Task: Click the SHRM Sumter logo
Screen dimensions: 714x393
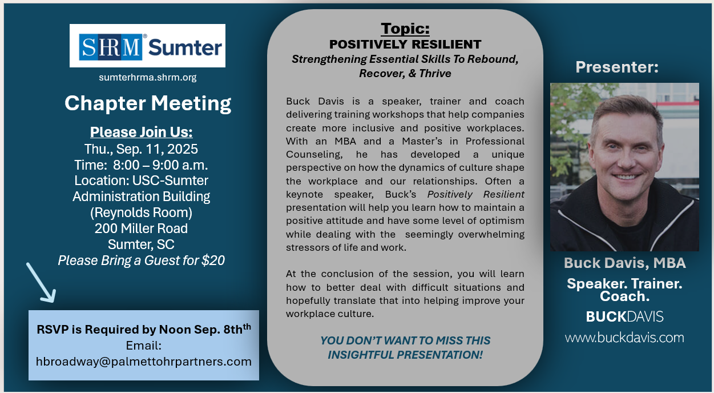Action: coord(147,46)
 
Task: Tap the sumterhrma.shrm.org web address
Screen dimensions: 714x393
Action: coord(148,78)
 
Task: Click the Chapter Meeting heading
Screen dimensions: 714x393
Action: coord(148,103)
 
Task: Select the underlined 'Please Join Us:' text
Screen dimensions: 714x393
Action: coord(141,132)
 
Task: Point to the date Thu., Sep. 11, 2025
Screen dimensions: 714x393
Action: coord(141,149)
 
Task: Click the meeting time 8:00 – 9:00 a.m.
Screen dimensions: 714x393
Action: coord(160,165)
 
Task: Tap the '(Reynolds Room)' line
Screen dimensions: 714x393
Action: coord(141,212)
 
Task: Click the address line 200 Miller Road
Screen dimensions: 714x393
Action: coord(141,228)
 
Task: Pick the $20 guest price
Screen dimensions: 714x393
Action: coord(213,260)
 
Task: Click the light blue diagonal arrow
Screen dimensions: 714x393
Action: coord(40,282)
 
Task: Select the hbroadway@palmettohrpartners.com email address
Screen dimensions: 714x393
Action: coord(144,362)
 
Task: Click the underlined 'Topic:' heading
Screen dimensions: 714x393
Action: coord(405,29)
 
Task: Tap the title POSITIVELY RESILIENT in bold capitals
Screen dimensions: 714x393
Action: coord(405,45)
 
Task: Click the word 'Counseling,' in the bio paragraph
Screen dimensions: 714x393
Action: coord(314,154)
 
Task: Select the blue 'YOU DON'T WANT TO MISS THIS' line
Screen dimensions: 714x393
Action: coord(405,340)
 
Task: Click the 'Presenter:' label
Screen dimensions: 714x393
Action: coord(617,67)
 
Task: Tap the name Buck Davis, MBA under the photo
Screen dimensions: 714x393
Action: coord(625,263)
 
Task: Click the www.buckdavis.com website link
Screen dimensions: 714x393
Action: coord(625,338)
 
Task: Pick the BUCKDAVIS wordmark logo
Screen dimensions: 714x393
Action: coord(625,317)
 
